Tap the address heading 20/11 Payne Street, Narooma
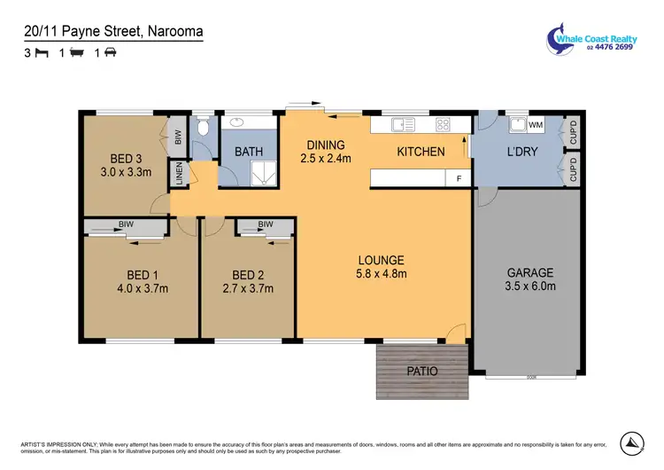tap(113, 32)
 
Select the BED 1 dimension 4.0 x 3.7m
tap(142, 288)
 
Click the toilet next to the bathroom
tap(203, 129)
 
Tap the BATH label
tap(249, 152)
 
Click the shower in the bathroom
tap(263, 176)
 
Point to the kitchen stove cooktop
tap(443, 125)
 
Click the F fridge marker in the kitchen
tap(458, 179)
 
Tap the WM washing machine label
tap(537, 125)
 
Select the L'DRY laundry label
tap(521, 152)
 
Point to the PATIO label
tap(422, 371)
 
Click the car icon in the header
tap(111, 53)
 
